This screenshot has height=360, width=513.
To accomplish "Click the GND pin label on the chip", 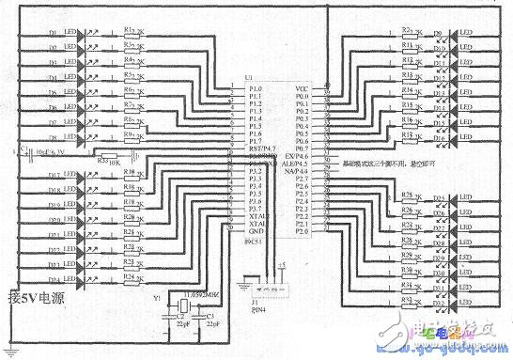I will click(256, 231).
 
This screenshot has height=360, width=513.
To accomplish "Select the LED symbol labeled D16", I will click(438, 139).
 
